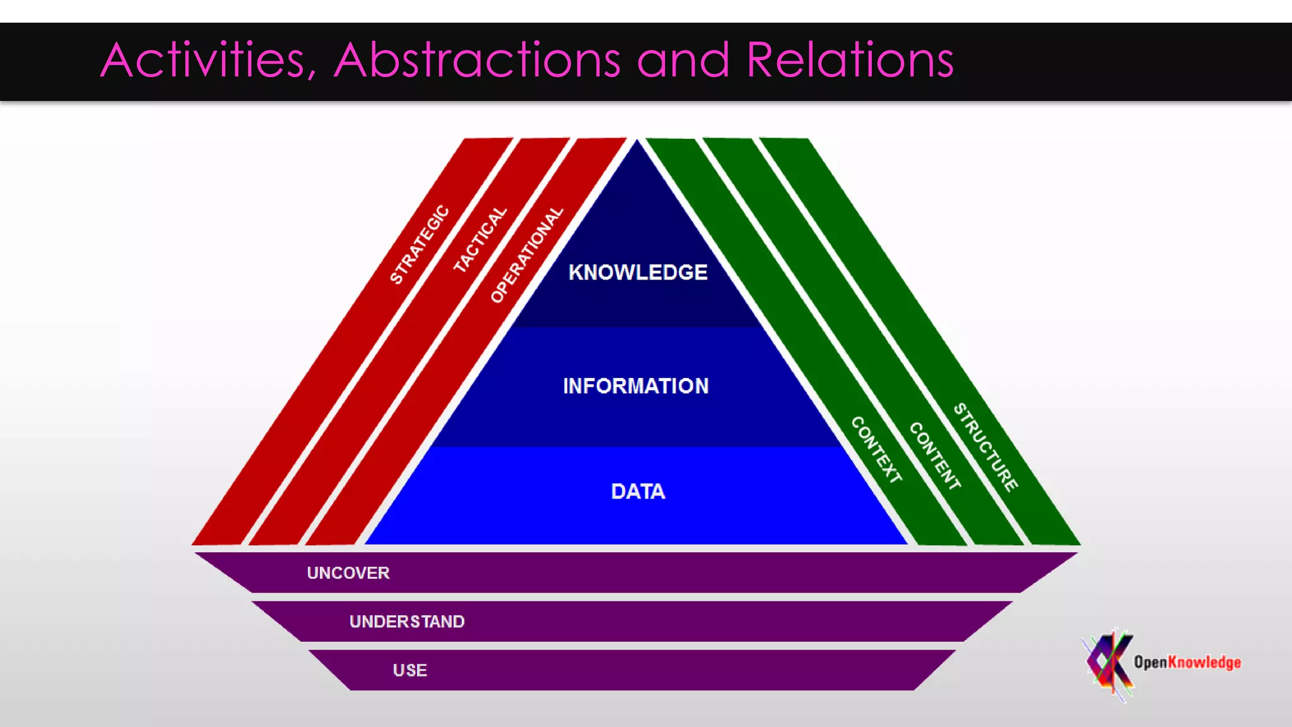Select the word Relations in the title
pyautogui.click(x=849, y=61)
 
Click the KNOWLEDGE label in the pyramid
pyautogui.click(x=638, y=273)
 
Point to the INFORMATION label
pyautogui.click(x=636, y=386)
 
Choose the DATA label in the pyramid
pyautogui.click(x=638, y=492)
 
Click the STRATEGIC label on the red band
pyautogui.click(x=420, y=244)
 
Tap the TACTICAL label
pyautogui.click(x=481, y=240)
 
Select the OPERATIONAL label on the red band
pyautogui.click(x=527, y=254)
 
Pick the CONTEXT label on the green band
pyautogui.click(x=876, y=450)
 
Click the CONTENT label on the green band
pyautogui.click(x=935, y=456)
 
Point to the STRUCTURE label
pyautogui.click(x=985, y=447)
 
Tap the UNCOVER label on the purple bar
pyautogui.click(x=348, y=573)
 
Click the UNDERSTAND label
pyautogui.click(x=407, y=622)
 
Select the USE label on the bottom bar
pyautogui.click(x=410, y=670)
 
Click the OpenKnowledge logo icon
pyautogui.click(x=1108, y=663)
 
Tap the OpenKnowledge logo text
pyautogui.click(x=1187, y=662)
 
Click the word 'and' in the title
pyautogui.click(x=683, y=61)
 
